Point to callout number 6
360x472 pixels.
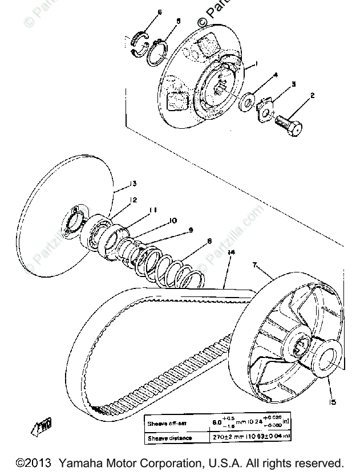click(x=159, y=12)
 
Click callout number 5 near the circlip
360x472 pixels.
click(x=178, y=21)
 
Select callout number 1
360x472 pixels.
click(x=257, y=64)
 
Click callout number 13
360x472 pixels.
click(x=133, y=183)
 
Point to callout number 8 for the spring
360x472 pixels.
click(x=209, y=241)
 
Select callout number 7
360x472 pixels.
click(x=255, y=266)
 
